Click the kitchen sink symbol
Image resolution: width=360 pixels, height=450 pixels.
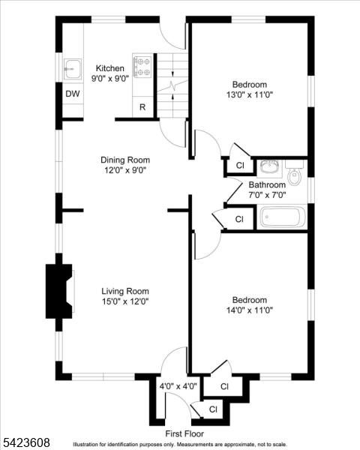pyautogui.click(x=73, y=69)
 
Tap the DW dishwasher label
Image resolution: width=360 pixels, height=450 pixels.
pyautogui.click(x=73, y=94)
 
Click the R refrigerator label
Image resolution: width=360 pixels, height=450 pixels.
pyautogui.click(x=142, y=107)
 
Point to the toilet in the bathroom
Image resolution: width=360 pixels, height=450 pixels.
pyautogui.click(x=295, y=172)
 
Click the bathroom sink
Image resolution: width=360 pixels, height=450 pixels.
pyautogui.click(x=269, y=167)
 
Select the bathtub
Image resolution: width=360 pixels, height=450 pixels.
pyautogui.click(x=282, y=217)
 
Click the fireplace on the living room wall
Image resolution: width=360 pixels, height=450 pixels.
pyautogui.click(x=58, y=291)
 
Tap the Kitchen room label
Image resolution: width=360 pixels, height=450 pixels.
pyautogui.click(x=110, y=68)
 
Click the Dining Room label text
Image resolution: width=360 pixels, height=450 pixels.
pyautogui.click(x=125, y=160)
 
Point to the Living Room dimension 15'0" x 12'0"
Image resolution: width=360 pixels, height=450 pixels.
pyautogui.click(x=125, y=301)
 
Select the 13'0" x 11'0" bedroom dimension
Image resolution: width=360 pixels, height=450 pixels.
pyautogui.click(x=250, y=94)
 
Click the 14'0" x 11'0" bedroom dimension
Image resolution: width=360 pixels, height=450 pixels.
pyautogui.click(x=250, y=310)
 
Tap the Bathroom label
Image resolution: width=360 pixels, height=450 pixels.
pyautogui.click(x=267, y=184)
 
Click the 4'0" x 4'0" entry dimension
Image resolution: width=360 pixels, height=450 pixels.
pyautogui.click(x=178, y=386)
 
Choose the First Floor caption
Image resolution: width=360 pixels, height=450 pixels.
pyautogui.click(x=184, y=433)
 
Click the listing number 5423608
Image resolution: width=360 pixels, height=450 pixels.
pyautogui.click(x=25, y=442)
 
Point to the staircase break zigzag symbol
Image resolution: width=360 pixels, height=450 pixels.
pyautogui.click(x=172, y=85)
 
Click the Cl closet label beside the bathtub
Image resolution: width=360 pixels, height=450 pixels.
pyautogui.click(x=239, y=219)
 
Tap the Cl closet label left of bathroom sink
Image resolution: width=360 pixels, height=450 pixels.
pyautogui.click(x=240, y=165)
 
